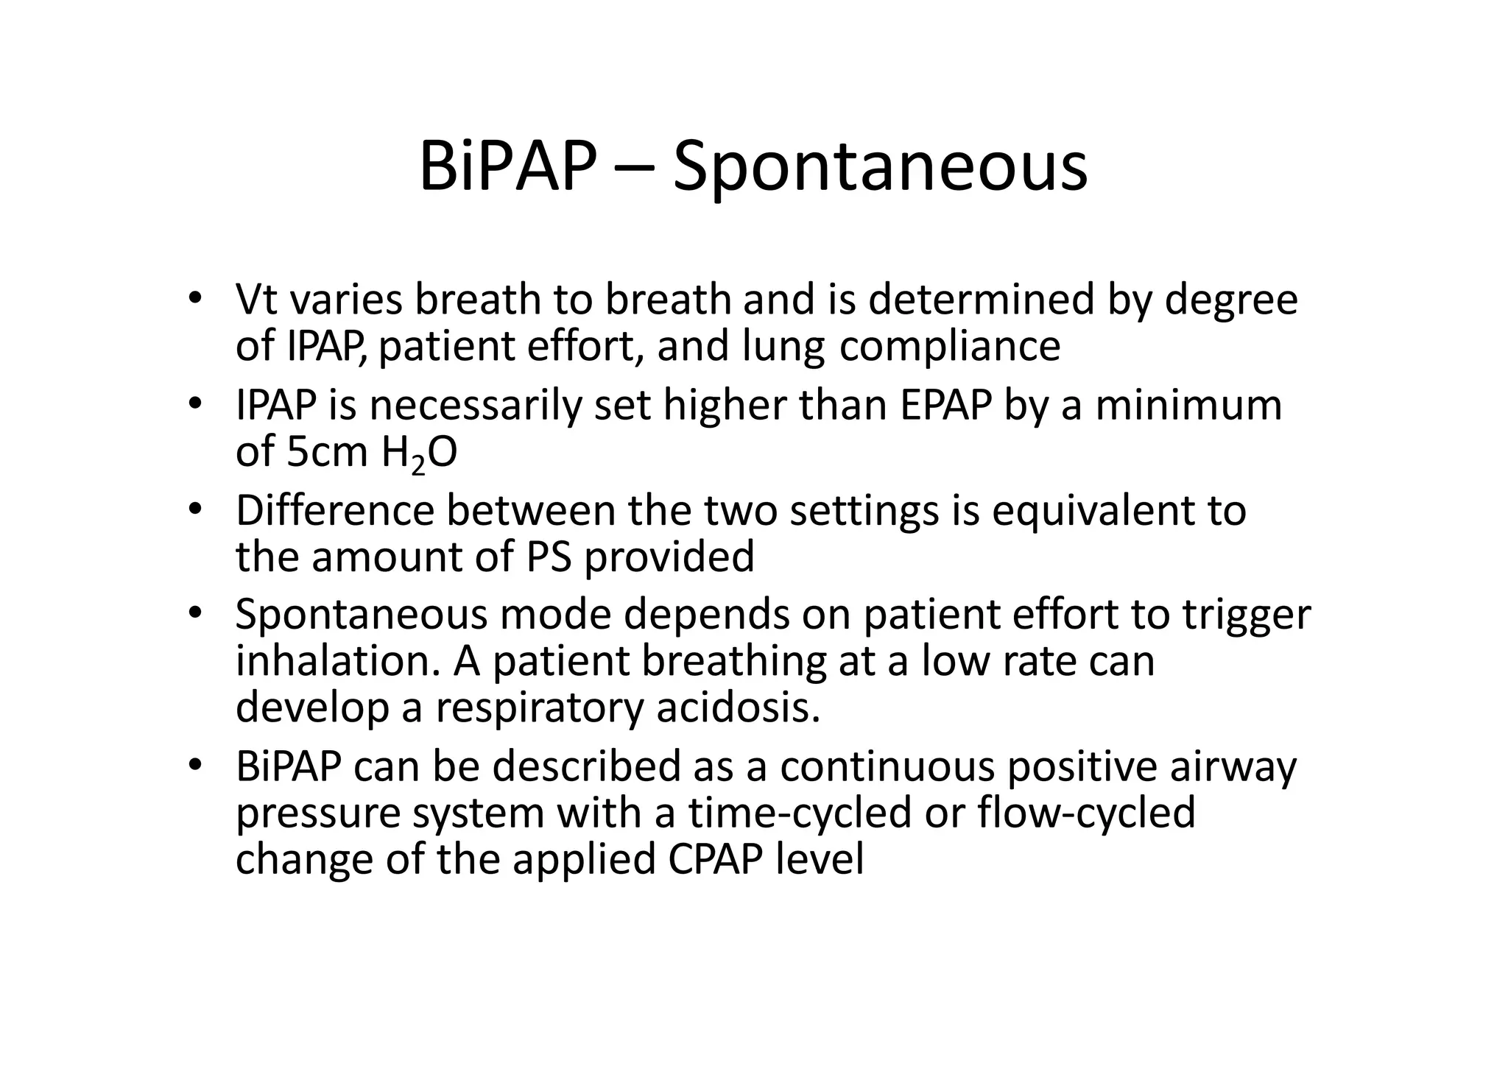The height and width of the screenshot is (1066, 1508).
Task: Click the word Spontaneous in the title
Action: (880, 168)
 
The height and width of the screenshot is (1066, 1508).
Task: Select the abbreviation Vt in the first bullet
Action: (257, 300)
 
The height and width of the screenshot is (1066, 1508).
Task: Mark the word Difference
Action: (335, 511)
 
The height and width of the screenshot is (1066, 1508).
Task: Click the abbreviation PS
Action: (549, 557)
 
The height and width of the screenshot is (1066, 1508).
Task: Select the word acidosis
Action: (738, 707)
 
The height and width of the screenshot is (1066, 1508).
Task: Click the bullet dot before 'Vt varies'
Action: (194, 299)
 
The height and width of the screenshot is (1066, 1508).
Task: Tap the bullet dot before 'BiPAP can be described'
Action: (194, 766)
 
